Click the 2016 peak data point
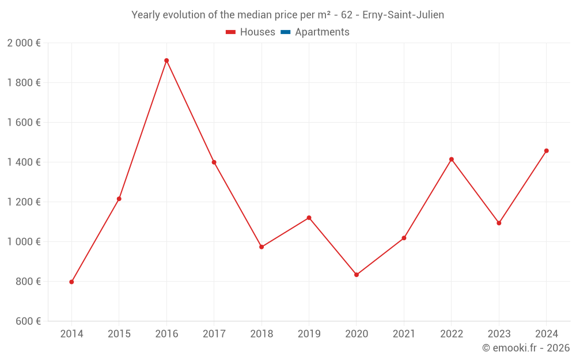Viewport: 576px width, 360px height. (x=166, y=60)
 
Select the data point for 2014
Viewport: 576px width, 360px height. (x=71, y=282)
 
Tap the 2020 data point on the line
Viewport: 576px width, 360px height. (x=357, y=275)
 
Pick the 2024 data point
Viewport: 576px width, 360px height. (x=547, y=151)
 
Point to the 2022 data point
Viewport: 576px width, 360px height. (x=452, y=159)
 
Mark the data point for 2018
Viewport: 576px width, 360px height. (x=262, y=247)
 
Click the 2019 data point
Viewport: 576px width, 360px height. (x=309, y=218)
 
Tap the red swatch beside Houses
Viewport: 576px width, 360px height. (x=231, y=32)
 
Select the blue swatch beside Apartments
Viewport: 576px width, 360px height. (x=285, y=32)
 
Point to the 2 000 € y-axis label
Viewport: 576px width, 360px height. (x=24, y=43)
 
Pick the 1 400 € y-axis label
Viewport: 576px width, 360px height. (x=24, y=162)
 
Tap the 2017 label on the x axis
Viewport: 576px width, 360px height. (x=214, y=334)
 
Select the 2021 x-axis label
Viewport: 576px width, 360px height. (x=404, y=334)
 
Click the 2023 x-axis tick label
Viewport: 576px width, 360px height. (x=499, y=334)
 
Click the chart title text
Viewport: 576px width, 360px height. (x=288, y=15)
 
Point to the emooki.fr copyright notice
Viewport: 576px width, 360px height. (x=526, y=348)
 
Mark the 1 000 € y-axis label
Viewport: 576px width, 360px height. (x=24, y=242)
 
